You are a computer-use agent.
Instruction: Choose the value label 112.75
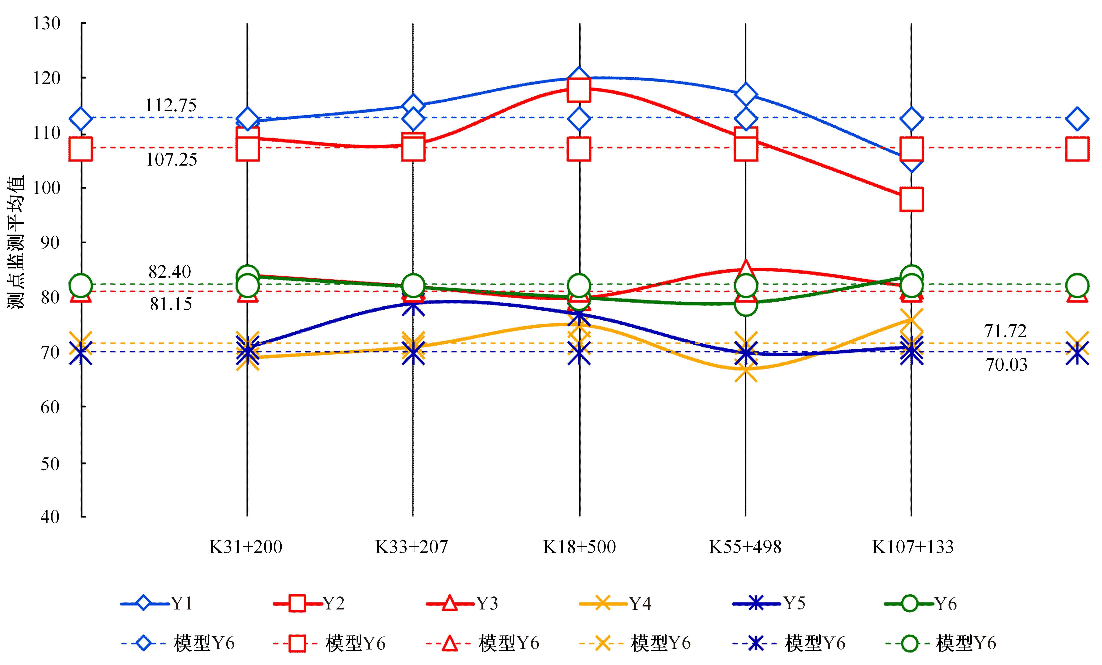point(171,106)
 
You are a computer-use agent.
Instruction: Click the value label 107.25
point(171,160)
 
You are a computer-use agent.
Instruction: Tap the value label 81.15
point(171,305)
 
